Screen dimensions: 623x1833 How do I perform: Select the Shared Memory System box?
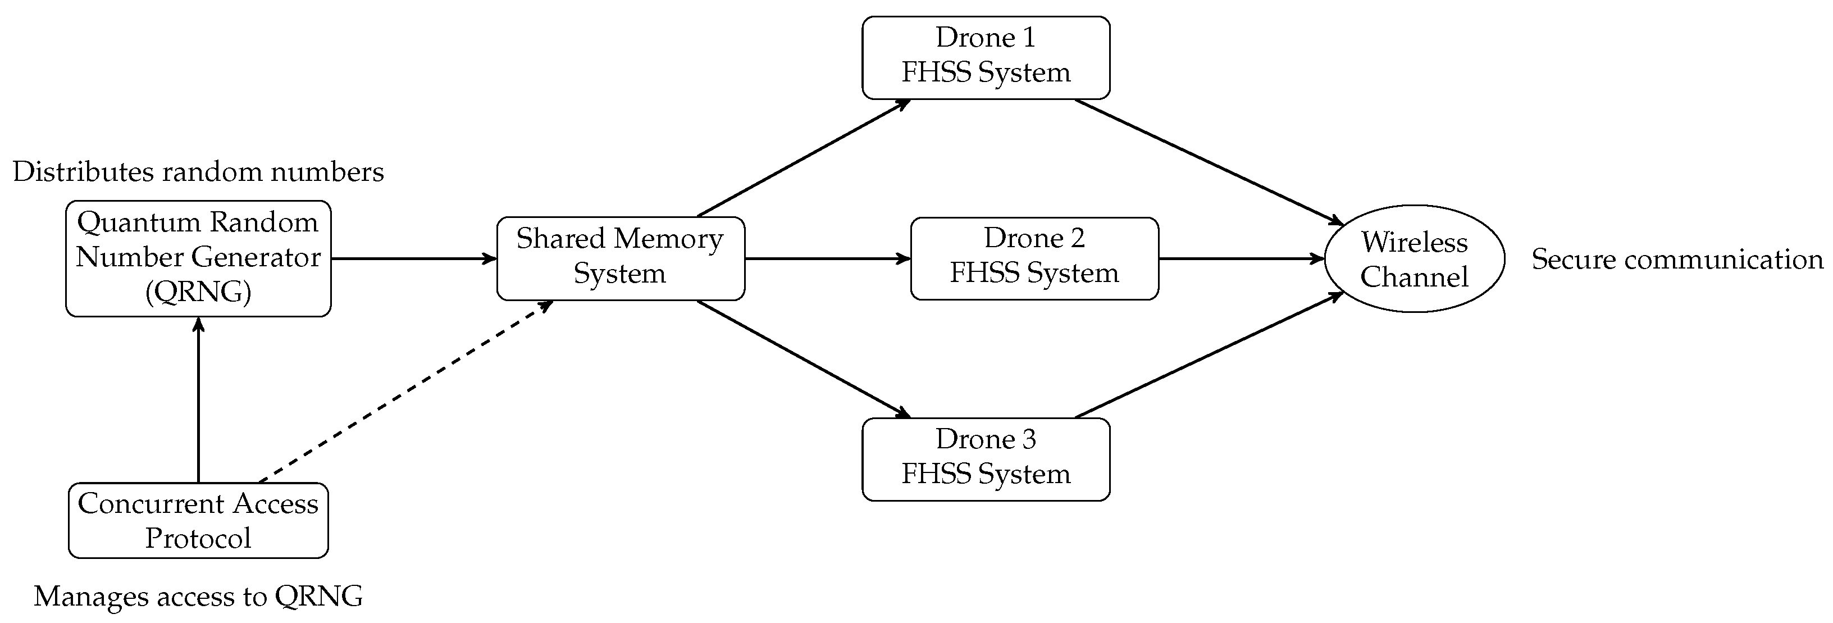620,258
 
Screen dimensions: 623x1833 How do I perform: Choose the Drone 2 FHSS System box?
1034,258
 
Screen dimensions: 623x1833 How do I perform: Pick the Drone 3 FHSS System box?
986,459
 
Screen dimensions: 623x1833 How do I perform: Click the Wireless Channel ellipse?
1414,258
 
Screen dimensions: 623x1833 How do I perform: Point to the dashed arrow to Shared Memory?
405,392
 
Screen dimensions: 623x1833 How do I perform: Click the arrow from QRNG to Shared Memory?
413,258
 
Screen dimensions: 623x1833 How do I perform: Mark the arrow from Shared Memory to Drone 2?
827,258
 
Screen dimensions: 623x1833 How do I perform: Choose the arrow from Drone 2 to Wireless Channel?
1241,258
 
